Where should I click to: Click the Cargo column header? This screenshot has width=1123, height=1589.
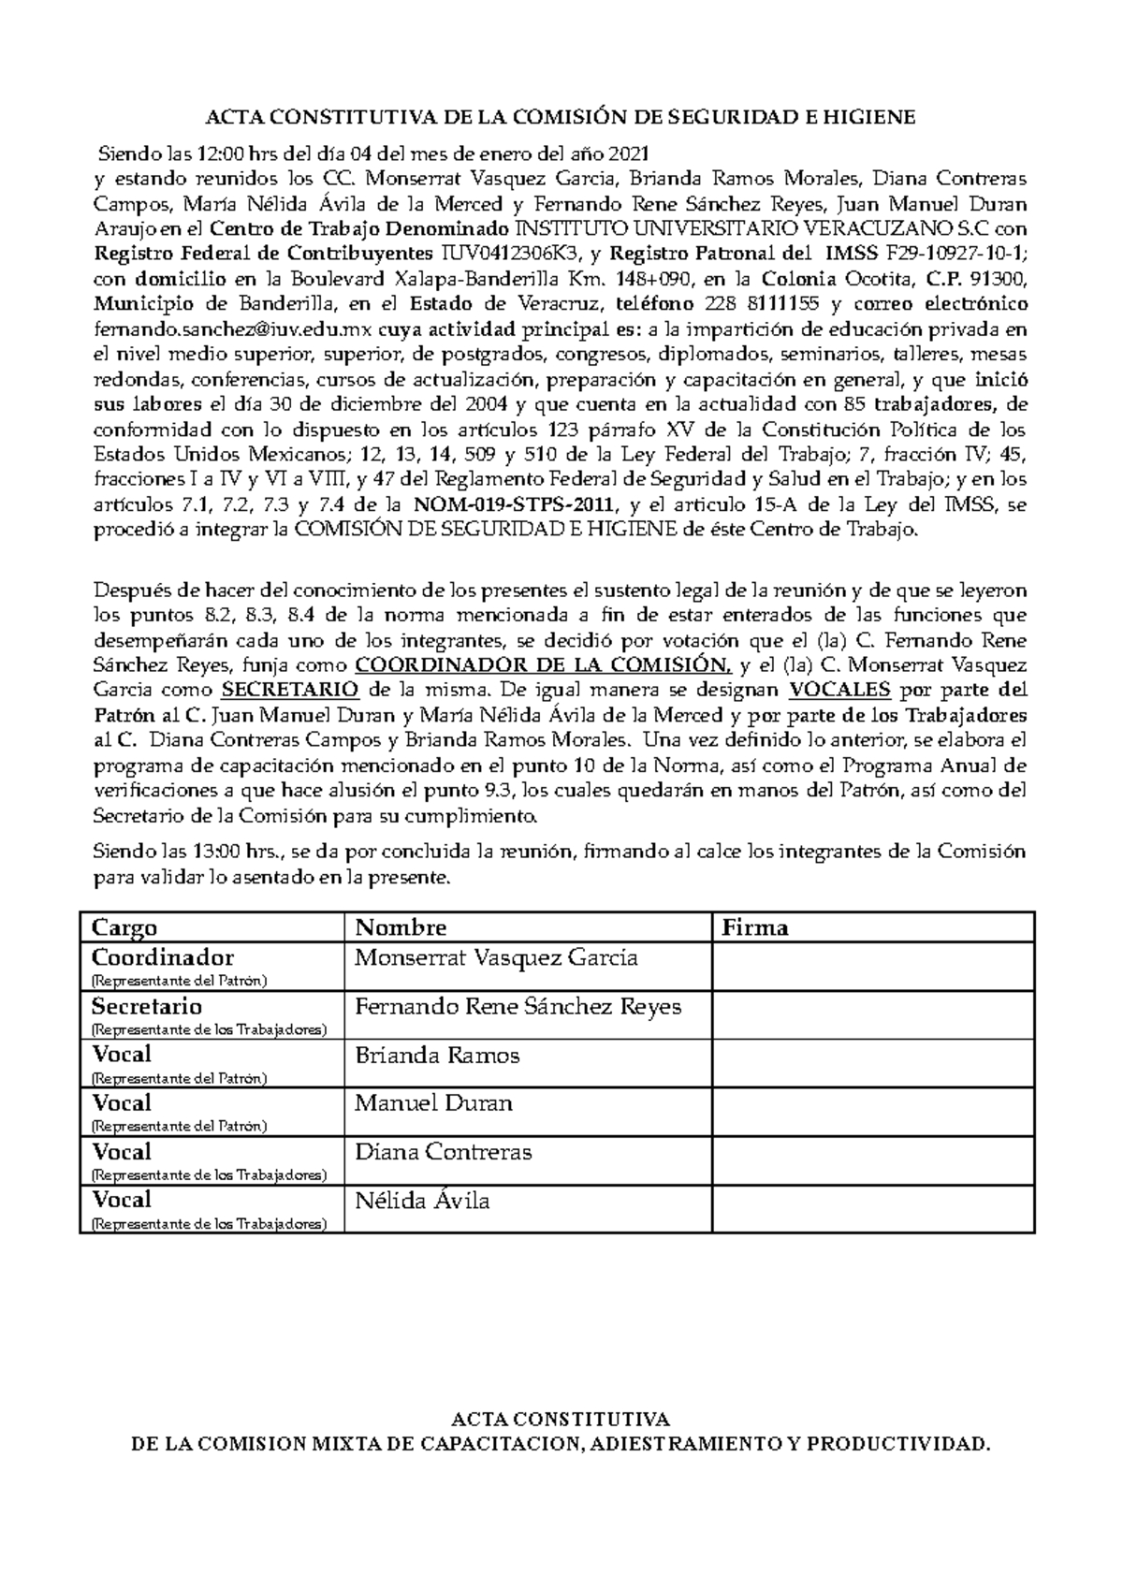point(124,927)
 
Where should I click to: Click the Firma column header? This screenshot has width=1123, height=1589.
point(755,927)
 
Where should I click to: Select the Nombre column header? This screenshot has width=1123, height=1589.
point(401,927)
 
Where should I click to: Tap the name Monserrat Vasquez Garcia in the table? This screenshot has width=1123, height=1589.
point(496,958)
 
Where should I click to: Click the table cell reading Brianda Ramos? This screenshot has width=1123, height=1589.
point(437,1056)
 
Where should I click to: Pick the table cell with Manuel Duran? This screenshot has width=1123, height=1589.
point(433,1103)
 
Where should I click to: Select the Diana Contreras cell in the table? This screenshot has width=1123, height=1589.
point(444,1152)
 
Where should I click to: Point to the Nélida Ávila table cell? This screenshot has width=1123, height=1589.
point(422,1201)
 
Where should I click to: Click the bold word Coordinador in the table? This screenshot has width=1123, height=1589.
point(163,958)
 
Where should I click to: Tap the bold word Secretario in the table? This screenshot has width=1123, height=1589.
point(147,1007)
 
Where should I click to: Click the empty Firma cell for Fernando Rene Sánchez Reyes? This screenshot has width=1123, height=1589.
point(872,1014)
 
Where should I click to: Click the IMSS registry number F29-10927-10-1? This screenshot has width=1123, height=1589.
point(955,254)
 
